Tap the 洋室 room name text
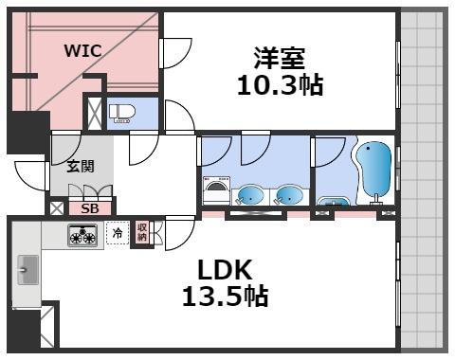(x=280, y=58)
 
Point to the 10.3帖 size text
(x=280, y=85)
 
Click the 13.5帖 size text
(x=225, y=297)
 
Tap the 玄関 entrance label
(x=80, y=165)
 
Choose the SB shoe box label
(x=90, y=207)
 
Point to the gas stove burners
(x=82, y=235)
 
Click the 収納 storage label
(x=141, y=232)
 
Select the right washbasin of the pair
(x=288, y=196)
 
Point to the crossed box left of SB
(x=57, y=207)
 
